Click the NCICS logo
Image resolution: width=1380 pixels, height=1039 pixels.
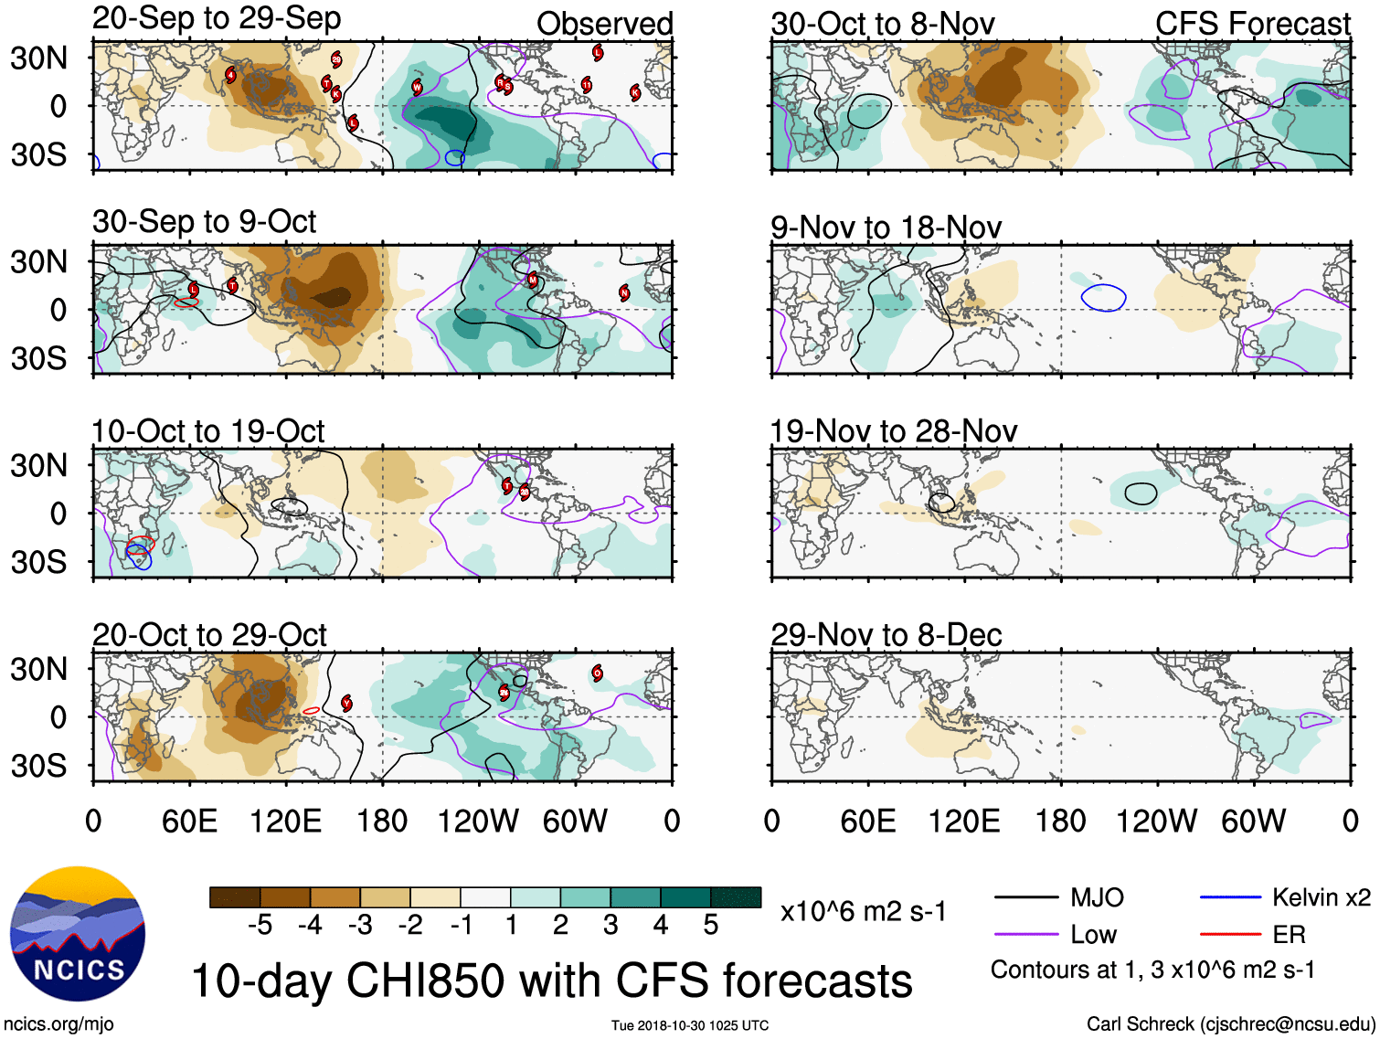click(78, 933)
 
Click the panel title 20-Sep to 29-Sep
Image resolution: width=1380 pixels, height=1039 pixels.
click(217, 18)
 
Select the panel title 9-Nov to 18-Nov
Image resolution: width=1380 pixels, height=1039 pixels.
click(886, 228)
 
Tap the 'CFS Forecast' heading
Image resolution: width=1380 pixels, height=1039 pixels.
click(1252, 24)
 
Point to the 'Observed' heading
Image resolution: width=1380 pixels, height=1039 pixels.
click(604, 24)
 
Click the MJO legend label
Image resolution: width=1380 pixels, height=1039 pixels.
click(1097, 897)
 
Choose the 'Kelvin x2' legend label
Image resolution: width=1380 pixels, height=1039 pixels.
click(1321, 897)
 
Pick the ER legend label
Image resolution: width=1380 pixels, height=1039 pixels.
click(1289, 934)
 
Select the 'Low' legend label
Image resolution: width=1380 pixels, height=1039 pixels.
click(1093, 934)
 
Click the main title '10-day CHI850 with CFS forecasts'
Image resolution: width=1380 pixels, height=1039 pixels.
click(551, 981)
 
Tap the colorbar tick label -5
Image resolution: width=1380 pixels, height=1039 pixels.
click(260, 925)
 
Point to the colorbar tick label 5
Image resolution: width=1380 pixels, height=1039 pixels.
click(711, 925)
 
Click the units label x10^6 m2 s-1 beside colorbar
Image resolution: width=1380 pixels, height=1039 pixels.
click(863, 911)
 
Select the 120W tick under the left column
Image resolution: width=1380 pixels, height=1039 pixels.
click(478, 821)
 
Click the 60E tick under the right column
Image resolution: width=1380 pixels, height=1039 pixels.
click(867, 821)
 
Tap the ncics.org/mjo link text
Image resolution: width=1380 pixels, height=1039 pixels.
click(58, 1023)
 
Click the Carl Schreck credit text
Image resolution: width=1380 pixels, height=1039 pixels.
click(1230, 1023)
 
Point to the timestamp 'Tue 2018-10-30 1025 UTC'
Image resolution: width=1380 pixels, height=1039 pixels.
click(690, 1025)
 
